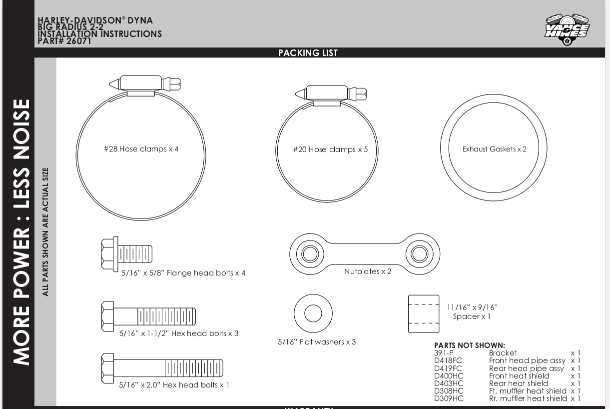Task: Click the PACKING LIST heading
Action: [308, 52]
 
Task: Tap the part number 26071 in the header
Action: [78, 41]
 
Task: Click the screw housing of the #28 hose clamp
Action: [141, 83]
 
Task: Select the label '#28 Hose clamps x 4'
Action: [141, 149]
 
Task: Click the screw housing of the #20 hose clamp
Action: [327, 92]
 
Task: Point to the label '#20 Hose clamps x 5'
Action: [330, 149]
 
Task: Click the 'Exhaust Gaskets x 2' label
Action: [494, 149]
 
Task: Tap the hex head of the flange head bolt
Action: [107, 254]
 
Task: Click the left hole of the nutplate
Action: [310, 254]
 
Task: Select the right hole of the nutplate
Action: [419, 254]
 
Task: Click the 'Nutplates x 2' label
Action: [368, 271]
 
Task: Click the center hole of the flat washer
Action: [313, 313]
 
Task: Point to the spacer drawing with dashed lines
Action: [424, 314]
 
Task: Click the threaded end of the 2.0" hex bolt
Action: [194, 368]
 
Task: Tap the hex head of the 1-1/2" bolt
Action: [107, 316]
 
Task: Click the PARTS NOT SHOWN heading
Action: [470, 345]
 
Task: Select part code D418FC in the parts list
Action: [448, 360]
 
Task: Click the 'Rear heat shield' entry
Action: [519, 383]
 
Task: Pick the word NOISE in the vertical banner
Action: [21, 129]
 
